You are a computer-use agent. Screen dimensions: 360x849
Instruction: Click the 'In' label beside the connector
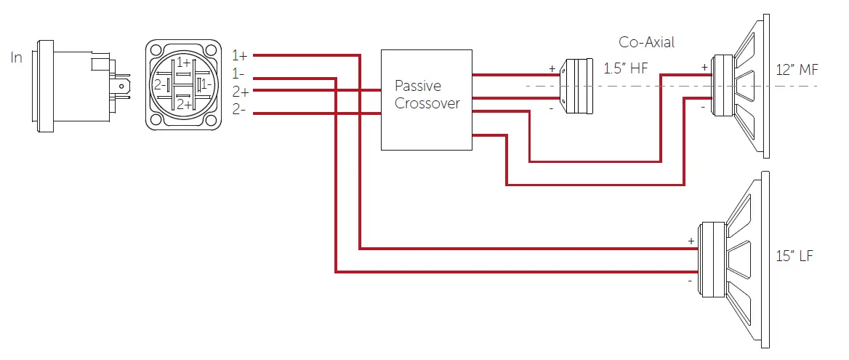click(17, 57)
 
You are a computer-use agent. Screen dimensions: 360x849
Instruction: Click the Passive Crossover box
click(427, 100)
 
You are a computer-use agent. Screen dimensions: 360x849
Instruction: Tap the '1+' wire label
click(240, 55)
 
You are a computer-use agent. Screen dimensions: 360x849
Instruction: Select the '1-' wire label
click(238, 73)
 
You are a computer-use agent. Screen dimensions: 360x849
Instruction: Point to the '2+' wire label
click(240, 92)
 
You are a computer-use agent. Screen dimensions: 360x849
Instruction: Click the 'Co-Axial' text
click(646, 42)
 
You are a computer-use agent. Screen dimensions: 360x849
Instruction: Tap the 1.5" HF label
click(626, 69)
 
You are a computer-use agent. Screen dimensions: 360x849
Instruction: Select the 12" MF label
click(797, 70)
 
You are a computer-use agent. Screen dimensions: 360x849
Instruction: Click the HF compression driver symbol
click(580, 86)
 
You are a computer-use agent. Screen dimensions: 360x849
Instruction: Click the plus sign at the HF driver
click(552, 69)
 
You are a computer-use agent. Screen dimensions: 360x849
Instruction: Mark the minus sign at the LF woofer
click(688, 280)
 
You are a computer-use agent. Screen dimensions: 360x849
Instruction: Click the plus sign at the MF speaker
click(704, 67)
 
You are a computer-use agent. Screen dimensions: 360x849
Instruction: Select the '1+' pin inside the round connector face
click(183, 63)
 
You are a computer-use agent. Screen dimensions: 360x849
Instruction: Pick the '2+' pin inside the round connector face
click(183, 105)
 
